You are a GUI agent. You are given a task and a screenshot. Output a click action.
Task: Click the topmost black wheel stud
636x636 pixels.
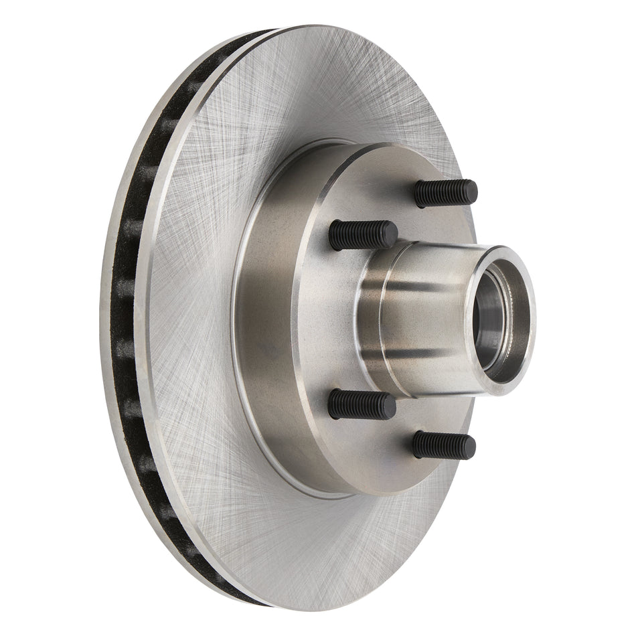[445, 193]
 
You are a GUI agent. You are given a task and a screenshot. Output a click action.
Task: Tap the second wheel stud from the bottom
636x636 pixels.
[362, 405]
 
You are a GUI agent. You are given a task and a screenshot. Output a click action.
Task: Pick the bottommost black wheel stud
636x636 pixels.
[444, 445]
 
